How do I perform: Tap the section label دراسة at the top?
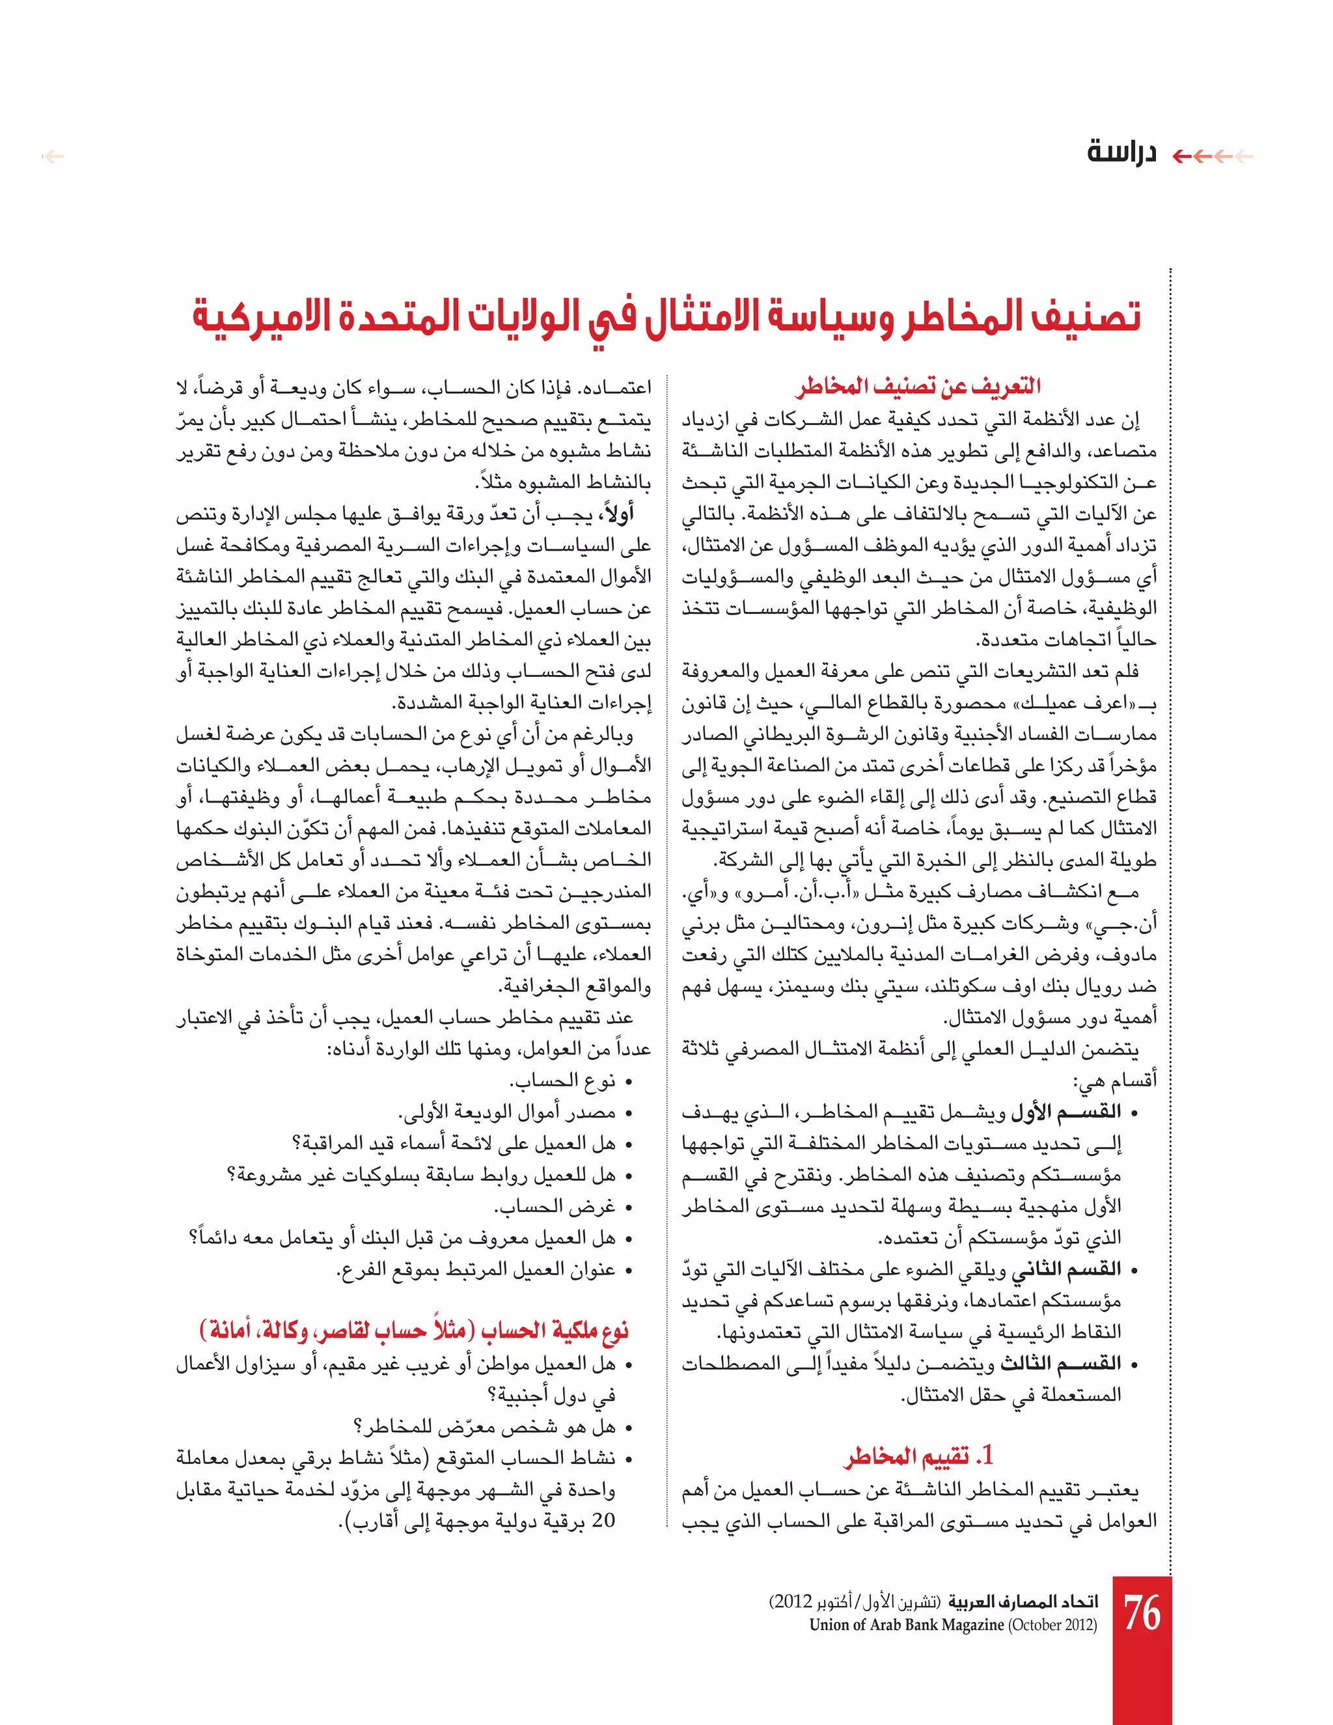click(1121, 152)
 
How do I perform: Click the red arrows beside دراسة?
click(1212, 156)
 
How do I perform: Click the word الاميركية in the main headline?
click(260, 317)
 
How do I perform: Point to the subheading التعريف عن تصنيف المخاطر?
click(918, 385)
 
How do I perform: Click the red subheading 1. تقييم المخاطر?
click(918, 1456)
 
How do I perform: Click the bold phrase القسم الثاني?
click(1066, 1269)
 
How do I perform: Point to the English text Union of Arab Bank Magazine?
click(907, 1625)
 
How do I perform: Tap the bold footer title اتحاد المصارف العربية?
click(1023, 1601)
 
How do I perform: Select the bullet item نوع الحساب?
click(562, 1081)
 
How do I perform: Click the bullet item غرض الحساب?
click(555, 1206)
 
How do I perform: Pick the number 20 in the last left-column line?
click(603, 1521)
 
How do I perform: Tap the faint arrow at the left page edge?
click(53, 156)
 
